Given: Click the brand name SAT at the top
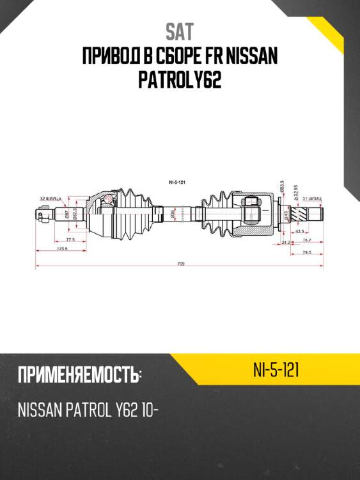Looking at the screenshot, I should (180, 32).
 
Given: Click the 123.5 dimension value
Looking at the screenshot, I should (62, 248).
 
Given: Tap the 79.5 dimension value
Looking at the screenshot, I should (307, 252).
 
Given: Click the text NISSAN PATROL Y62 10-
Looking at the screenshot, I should (88, 411).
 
